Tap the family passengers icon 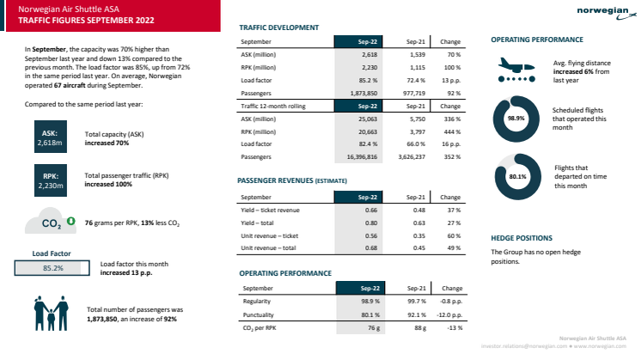(x=51, y=314)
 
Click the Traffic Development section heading (x=275, y=27)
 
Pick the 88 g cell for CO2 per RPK (x=419, y=327)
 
